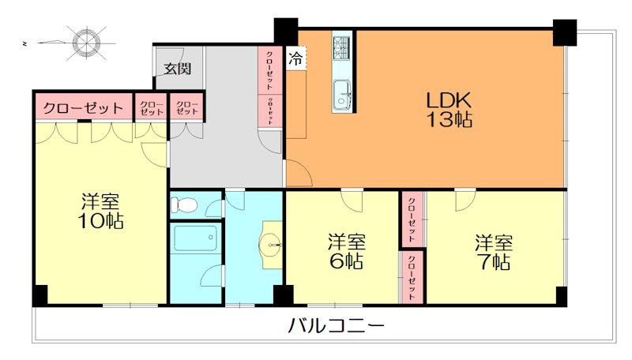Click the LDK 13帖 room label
[449, 111]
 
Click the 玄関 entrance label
[177, 68]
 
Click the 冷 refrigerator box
[295, 58]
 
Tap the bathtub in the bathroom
[195, 238]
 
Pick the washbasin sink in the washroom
[273, 245]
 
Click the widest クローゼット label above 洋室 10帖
[82, 107]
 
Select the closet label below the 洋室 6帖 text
[411, 275]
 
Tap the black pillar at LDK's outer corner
[565, 32]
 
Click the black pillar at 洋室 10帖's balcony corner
[39, 296]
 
